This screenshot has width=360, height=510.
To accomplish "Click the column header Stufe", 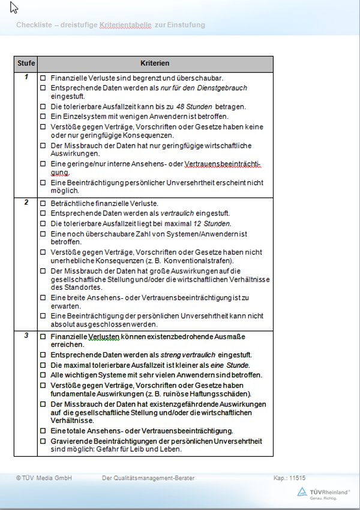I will pyautogui.click(x=26, y=63).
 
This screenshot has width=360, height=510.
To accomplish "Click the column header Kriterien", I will pyautogui.click(x=155, y=63).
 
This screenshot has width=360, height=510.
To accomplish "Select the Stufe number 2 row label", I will pyautogui.click(x=26, y=202).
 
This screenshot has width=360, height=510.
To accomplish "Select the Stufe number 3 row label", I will pyautogui.click(x=26, y=335).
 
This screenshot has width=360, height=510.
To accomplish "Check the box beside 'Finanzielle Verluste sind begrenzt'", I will pyautogui.click(x=43, y=79).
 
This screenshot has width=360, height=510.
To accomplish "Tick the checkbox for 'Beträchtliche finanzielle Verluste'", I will pyautogui.click(x=43, y=204).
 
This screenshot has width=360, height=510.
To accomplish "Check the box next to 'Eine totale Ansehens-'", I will pyautogui.click(x=43, y=431).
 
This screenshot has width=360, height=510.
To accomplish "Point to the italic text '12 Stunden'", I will pyautogui.click(x=212, y=223).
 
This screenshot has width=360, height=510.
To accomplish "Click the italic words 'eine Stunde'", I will pyautogui.click(x=231, y=365).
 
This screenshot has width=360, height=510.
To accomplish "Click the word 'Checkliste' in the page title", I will pyautogui.click(x=34, y=25).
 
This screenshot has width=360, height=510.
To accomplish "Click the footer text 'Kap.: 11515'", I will pyautogui.click(x=289, y=478).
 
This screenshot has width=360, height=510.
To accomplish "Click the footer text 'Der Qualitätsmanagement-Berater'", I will pyautogui.click(x=148, y=478).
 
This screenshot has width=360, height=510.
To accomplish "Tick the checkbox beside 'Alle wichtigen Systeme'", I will pyautogui.click(x=43, y=375).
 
